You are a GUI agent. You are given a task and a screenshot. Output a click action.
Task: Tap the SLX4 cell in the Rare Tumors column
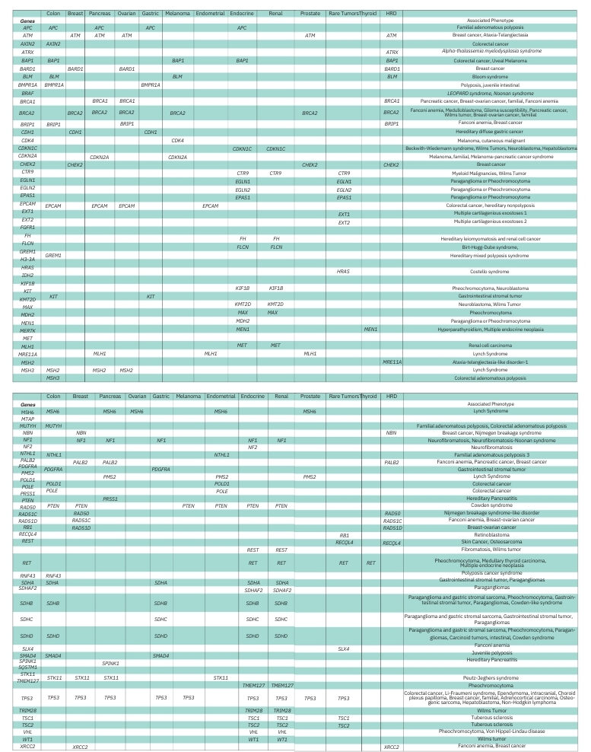click(x=344, y=648)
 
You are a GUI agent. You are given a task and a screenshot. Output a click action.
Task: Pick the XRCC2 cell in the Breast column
click(x=81, y=747)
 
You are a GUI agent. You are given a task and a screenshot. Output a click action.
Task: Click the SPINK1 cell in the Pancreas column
click(x=111, y=663)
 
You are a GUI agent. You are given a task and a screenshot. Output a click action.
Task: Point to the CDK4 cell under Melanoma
click(x=178, y=141)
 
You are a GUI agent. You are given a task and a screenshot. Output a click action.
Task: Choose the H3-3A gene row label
click(x=28, y=260)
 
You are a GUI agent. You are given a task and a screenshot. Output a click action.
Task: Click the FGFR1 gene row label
click(x=28, y=227)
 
